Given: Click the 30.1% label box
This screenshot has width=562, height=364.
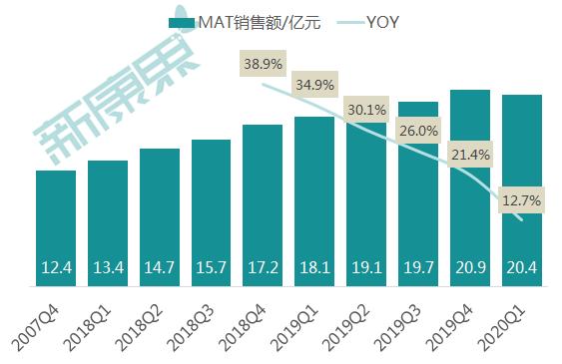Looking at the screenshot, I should tap(366, 109).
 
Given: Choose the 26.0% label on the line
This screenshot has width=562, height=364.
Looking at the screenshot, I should tap(418, 131).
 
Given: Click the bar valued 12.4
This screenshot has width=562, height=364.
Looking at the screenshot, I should tap(56, 229).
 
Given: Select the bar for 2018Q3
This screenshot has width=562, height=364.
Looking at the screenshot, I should tap(212, 213).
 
